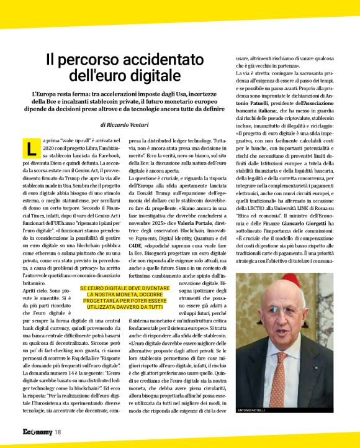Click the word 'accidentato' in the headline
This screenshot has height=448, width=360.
click(x=165, y=60)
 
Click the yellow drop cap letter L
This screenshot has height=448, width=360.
click(x=30, y=148)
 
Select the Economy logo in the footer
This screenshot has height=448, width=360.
click(x=37, y=432)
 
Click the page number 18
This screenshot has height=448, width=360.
click(x=57, y=432)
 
